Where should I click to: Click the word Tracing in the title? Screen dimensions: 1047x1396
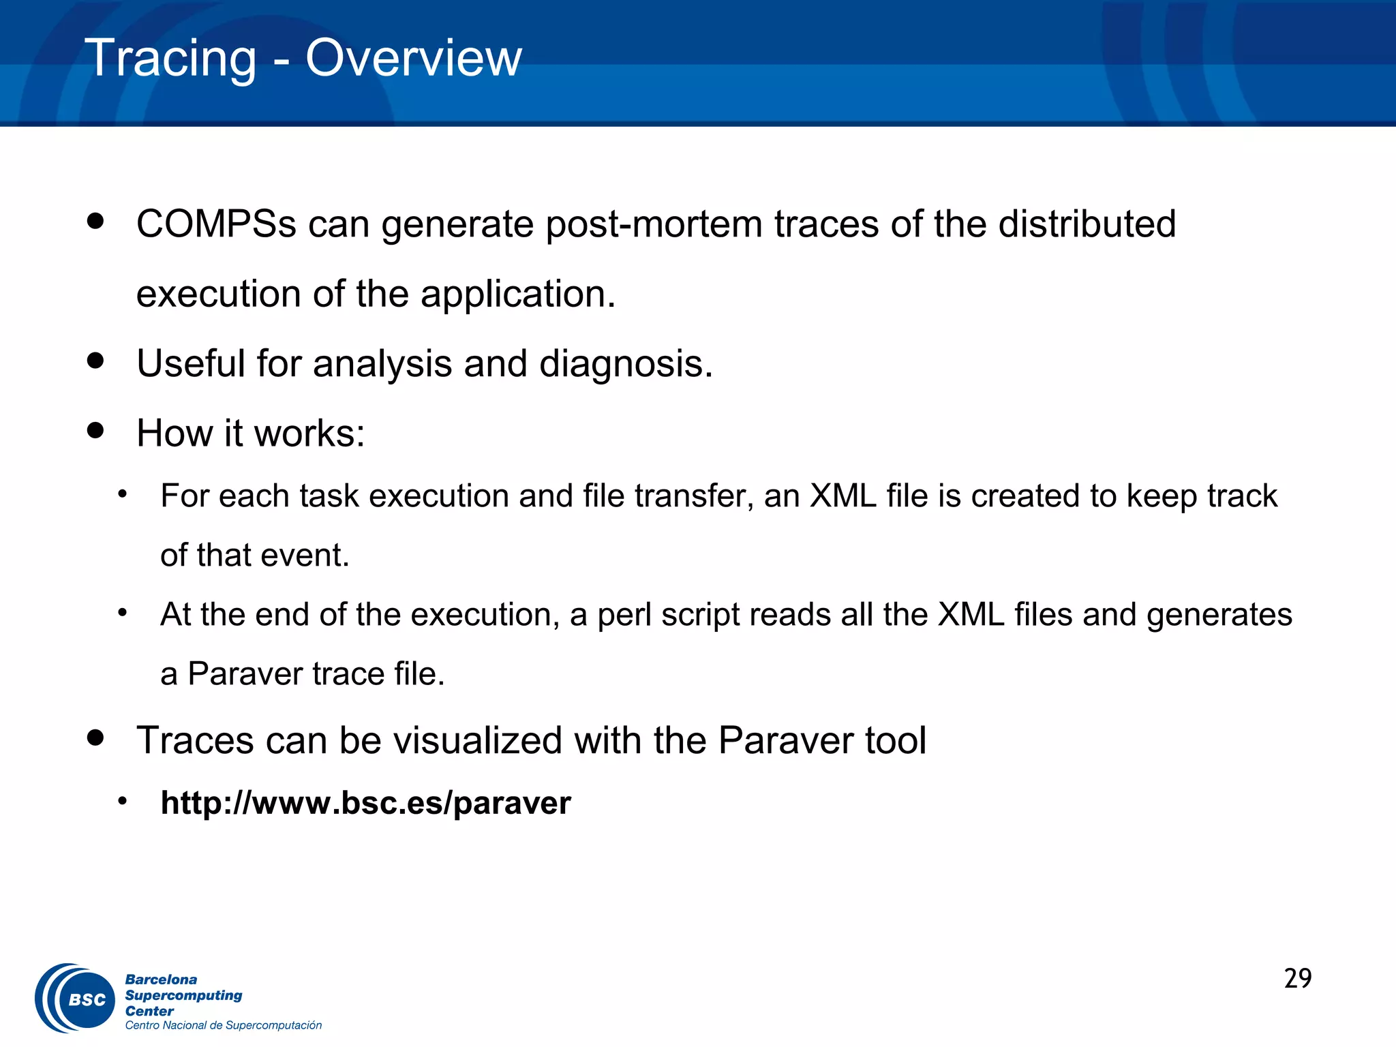pos(170,59)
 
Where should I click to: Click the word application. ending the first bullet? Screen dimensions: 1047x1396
pos(517,294)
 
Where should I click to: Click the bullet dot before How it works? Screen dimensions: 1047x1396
pos(95,430)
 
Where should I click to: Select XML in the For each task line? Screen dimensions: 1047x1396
pos(843,496)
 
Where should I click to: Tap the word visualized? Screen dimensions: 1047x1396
pos(477,740)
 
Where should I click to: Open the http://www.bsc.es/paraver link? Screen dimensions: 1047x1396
pos(365,803)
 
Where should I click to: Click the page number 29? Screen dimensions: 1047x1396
pos(1297,978)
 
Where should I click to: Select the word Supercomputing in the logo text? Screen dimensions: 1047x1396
pos(183,995)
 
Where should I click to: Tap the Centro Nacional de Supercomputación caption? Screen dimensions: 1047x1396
pos(223,1025)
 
